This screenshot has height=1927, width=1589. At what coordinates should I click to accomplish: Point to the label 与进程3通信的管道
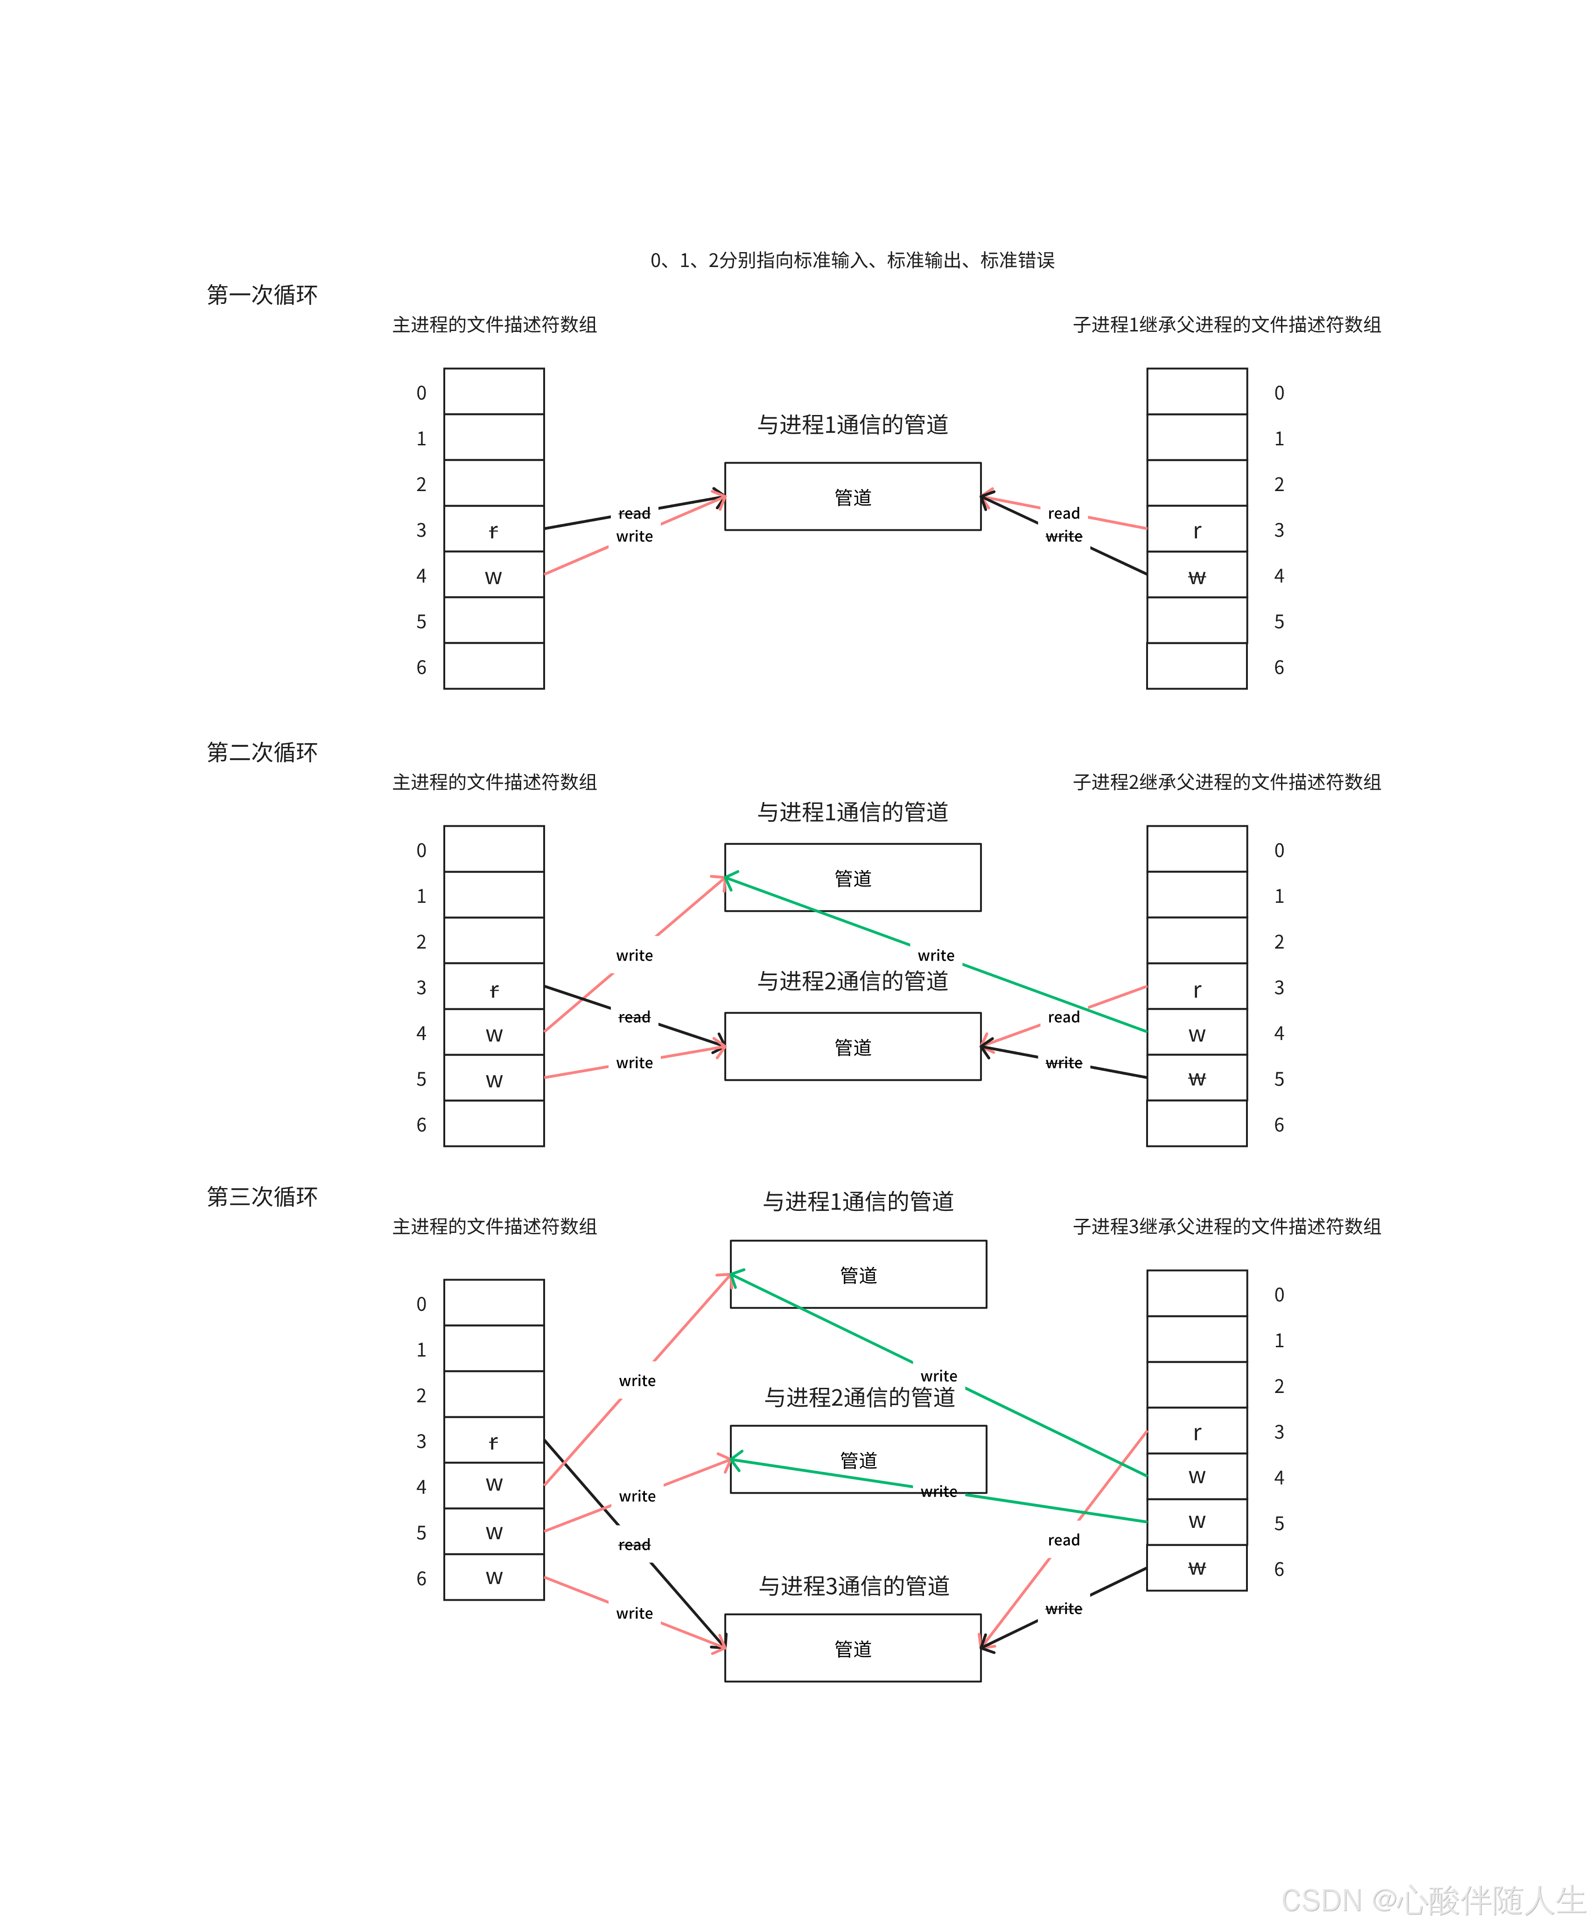click(x=854, y=1586)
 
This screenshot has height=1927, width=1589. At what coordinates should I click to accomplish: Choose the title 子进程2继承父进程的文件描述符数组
click(x=1226, y=782)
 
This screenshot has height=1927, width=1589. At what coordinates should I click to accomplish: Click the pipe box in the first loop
click(x=852, y=497)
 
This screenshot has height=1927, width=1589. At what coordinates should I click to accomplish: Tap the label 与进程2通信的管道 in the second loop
click(x=852, y=981)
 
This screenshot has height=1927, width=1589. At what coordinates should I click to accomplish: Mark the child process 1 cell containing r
click(x=1197, y=530)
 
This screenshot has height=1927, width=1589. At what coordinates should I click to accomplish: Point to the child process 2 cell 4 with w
click(x=1197, y=1034)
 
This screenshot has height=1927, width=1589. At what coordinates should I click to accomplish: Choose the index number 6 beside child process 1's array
click(x=1279, y=668)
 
